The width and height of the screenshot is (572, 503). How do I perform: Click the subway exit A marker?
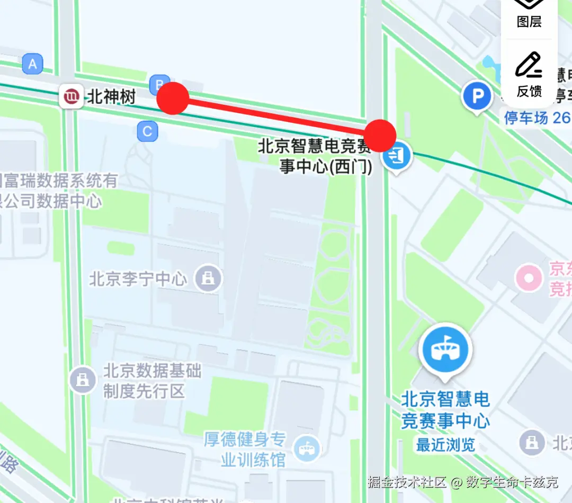[33, 65]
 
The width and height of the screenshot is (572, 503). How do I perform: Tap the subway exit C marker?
[147, 131]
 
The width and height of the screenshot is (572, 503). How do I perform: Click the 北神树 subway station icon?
[71, 97]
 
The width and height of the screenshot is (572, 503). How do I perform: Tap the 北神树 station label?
[111, 97]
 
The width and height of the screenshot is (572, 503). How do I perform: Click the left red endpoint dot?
[173, 98]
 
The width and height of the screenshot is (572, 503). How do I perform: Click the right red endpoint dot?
[380, 136]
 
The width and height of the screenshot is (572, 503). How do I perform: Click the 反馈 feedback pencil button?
[529, 74]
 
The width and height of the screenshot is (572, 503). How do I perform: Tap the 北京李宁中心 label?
[138, 279]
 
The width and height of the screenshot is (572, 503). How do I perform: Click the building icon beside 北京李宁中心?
[208, 278]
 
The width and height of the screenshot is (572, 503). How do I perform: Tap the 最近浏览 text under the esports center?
[445, 445]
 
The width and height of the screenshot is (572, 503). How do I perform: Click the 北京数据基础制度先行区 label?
[152, 381]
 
